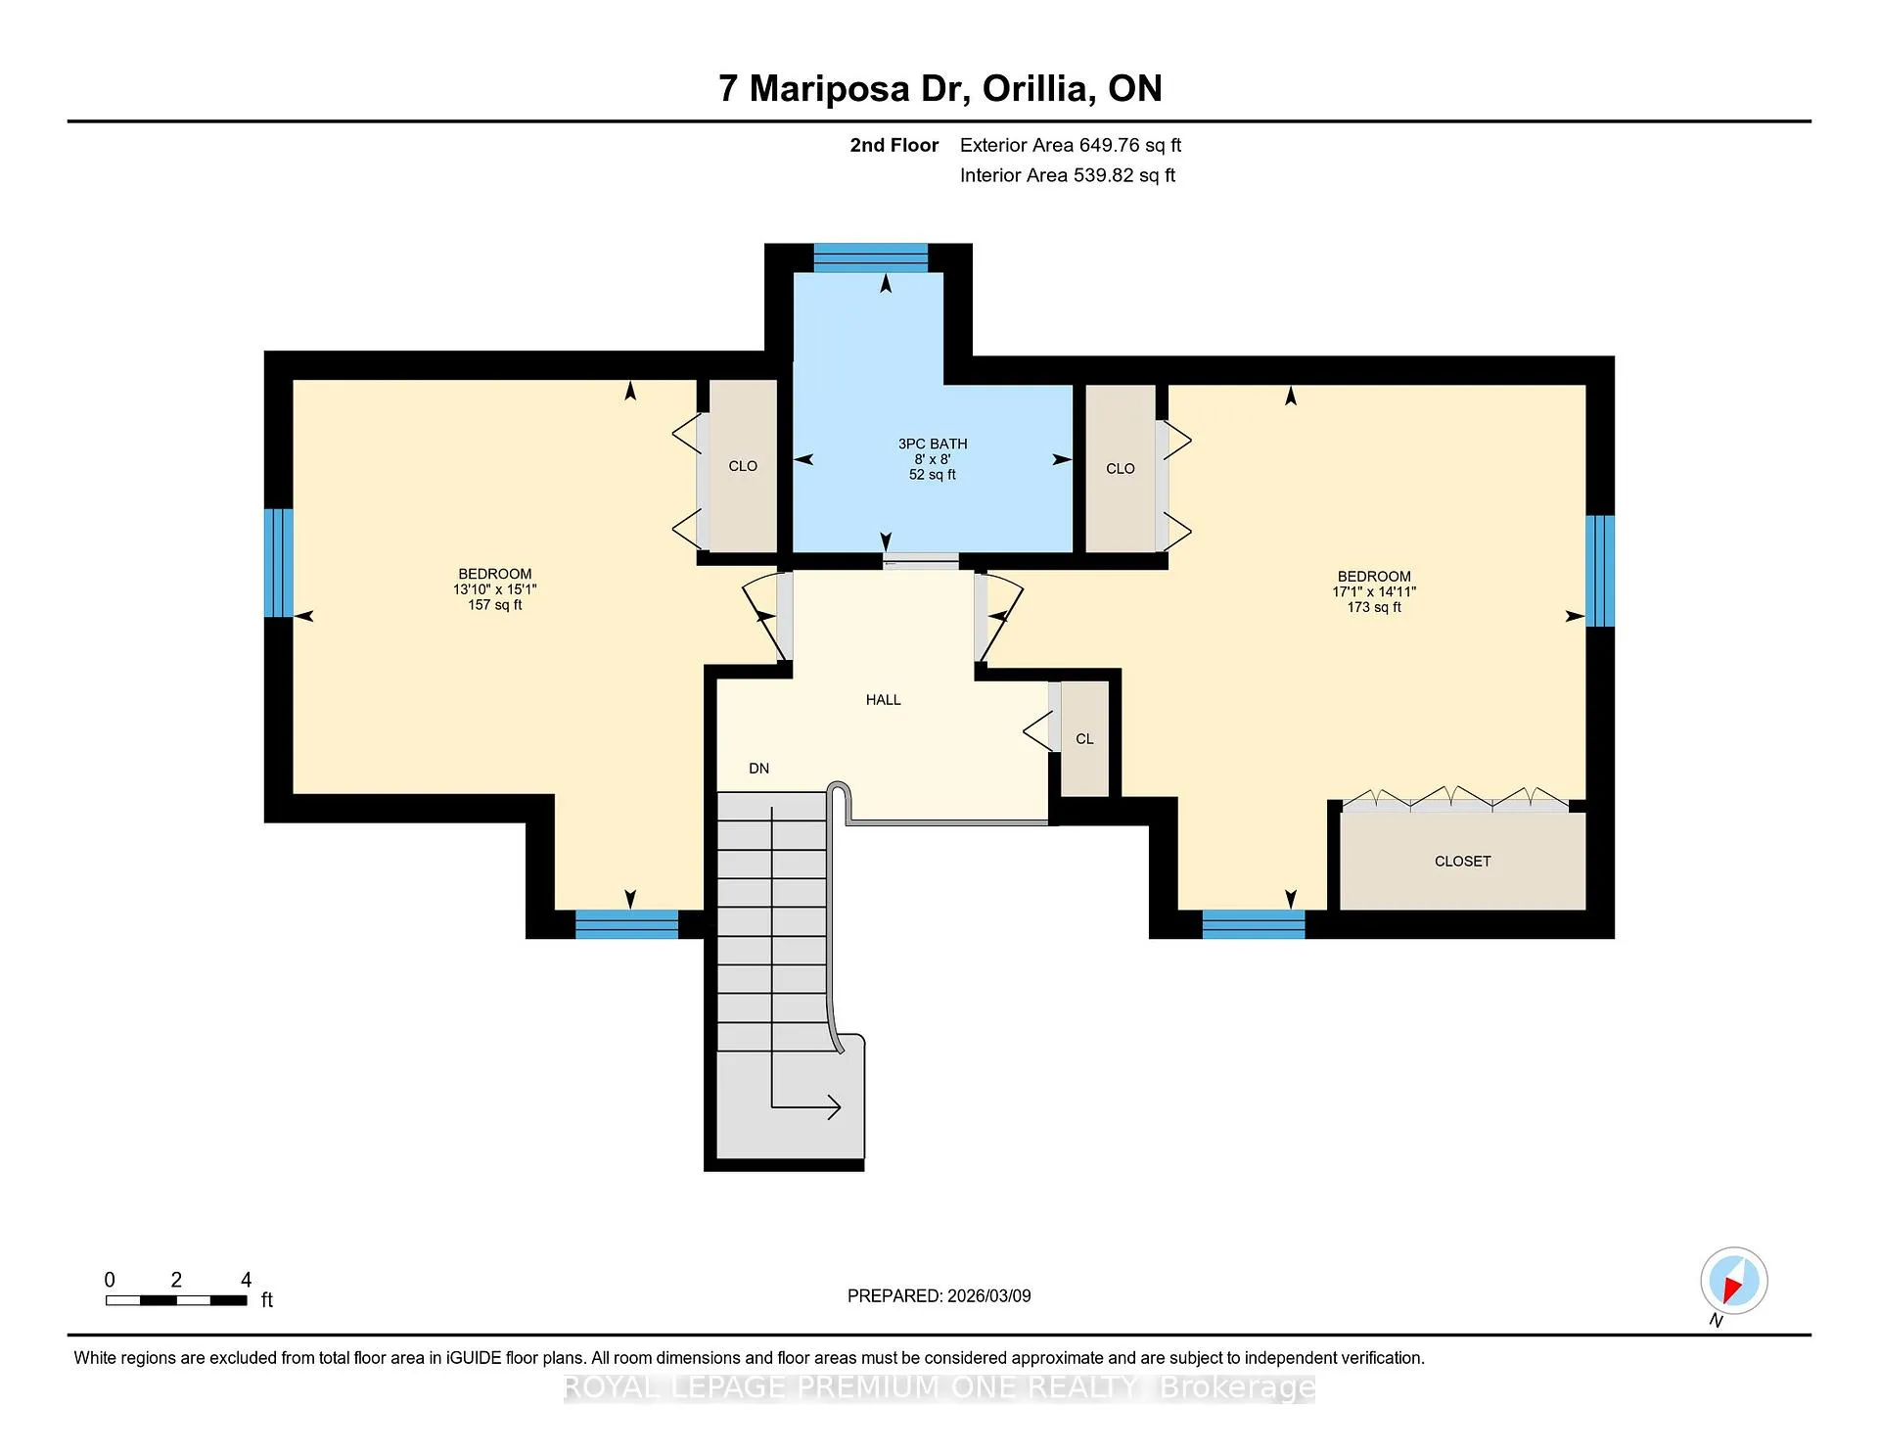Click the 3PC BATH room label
coord(933,444)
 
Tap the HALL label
coord(883,700)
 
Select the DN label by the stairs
coord(759,769)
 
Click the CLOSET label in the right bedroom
coord(1462,862)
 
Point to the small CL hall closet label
coord(1084,739)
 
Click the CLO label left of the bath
coord(743,466)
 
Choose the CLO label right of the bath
coord(1121,469)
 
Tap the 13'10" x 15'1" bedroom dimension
coord(495,589)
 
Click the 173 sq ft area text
coord(1374,607)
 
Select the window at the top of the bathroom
coord(871,258)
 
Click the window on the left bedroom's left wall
coord(279,562)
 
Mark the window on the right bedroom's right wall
coord(1600,571)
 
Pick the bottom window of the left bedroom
coord(626,924)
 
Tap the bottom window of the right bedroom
coord(1254,924)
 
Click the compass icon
coord(1734,1281)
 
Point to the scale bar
coord(176,1300)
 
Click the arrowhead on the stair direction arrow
coord(835,1107)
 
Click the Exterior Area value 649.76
coord(1110,145)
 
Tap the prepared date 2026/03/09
coord(989,1295)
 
